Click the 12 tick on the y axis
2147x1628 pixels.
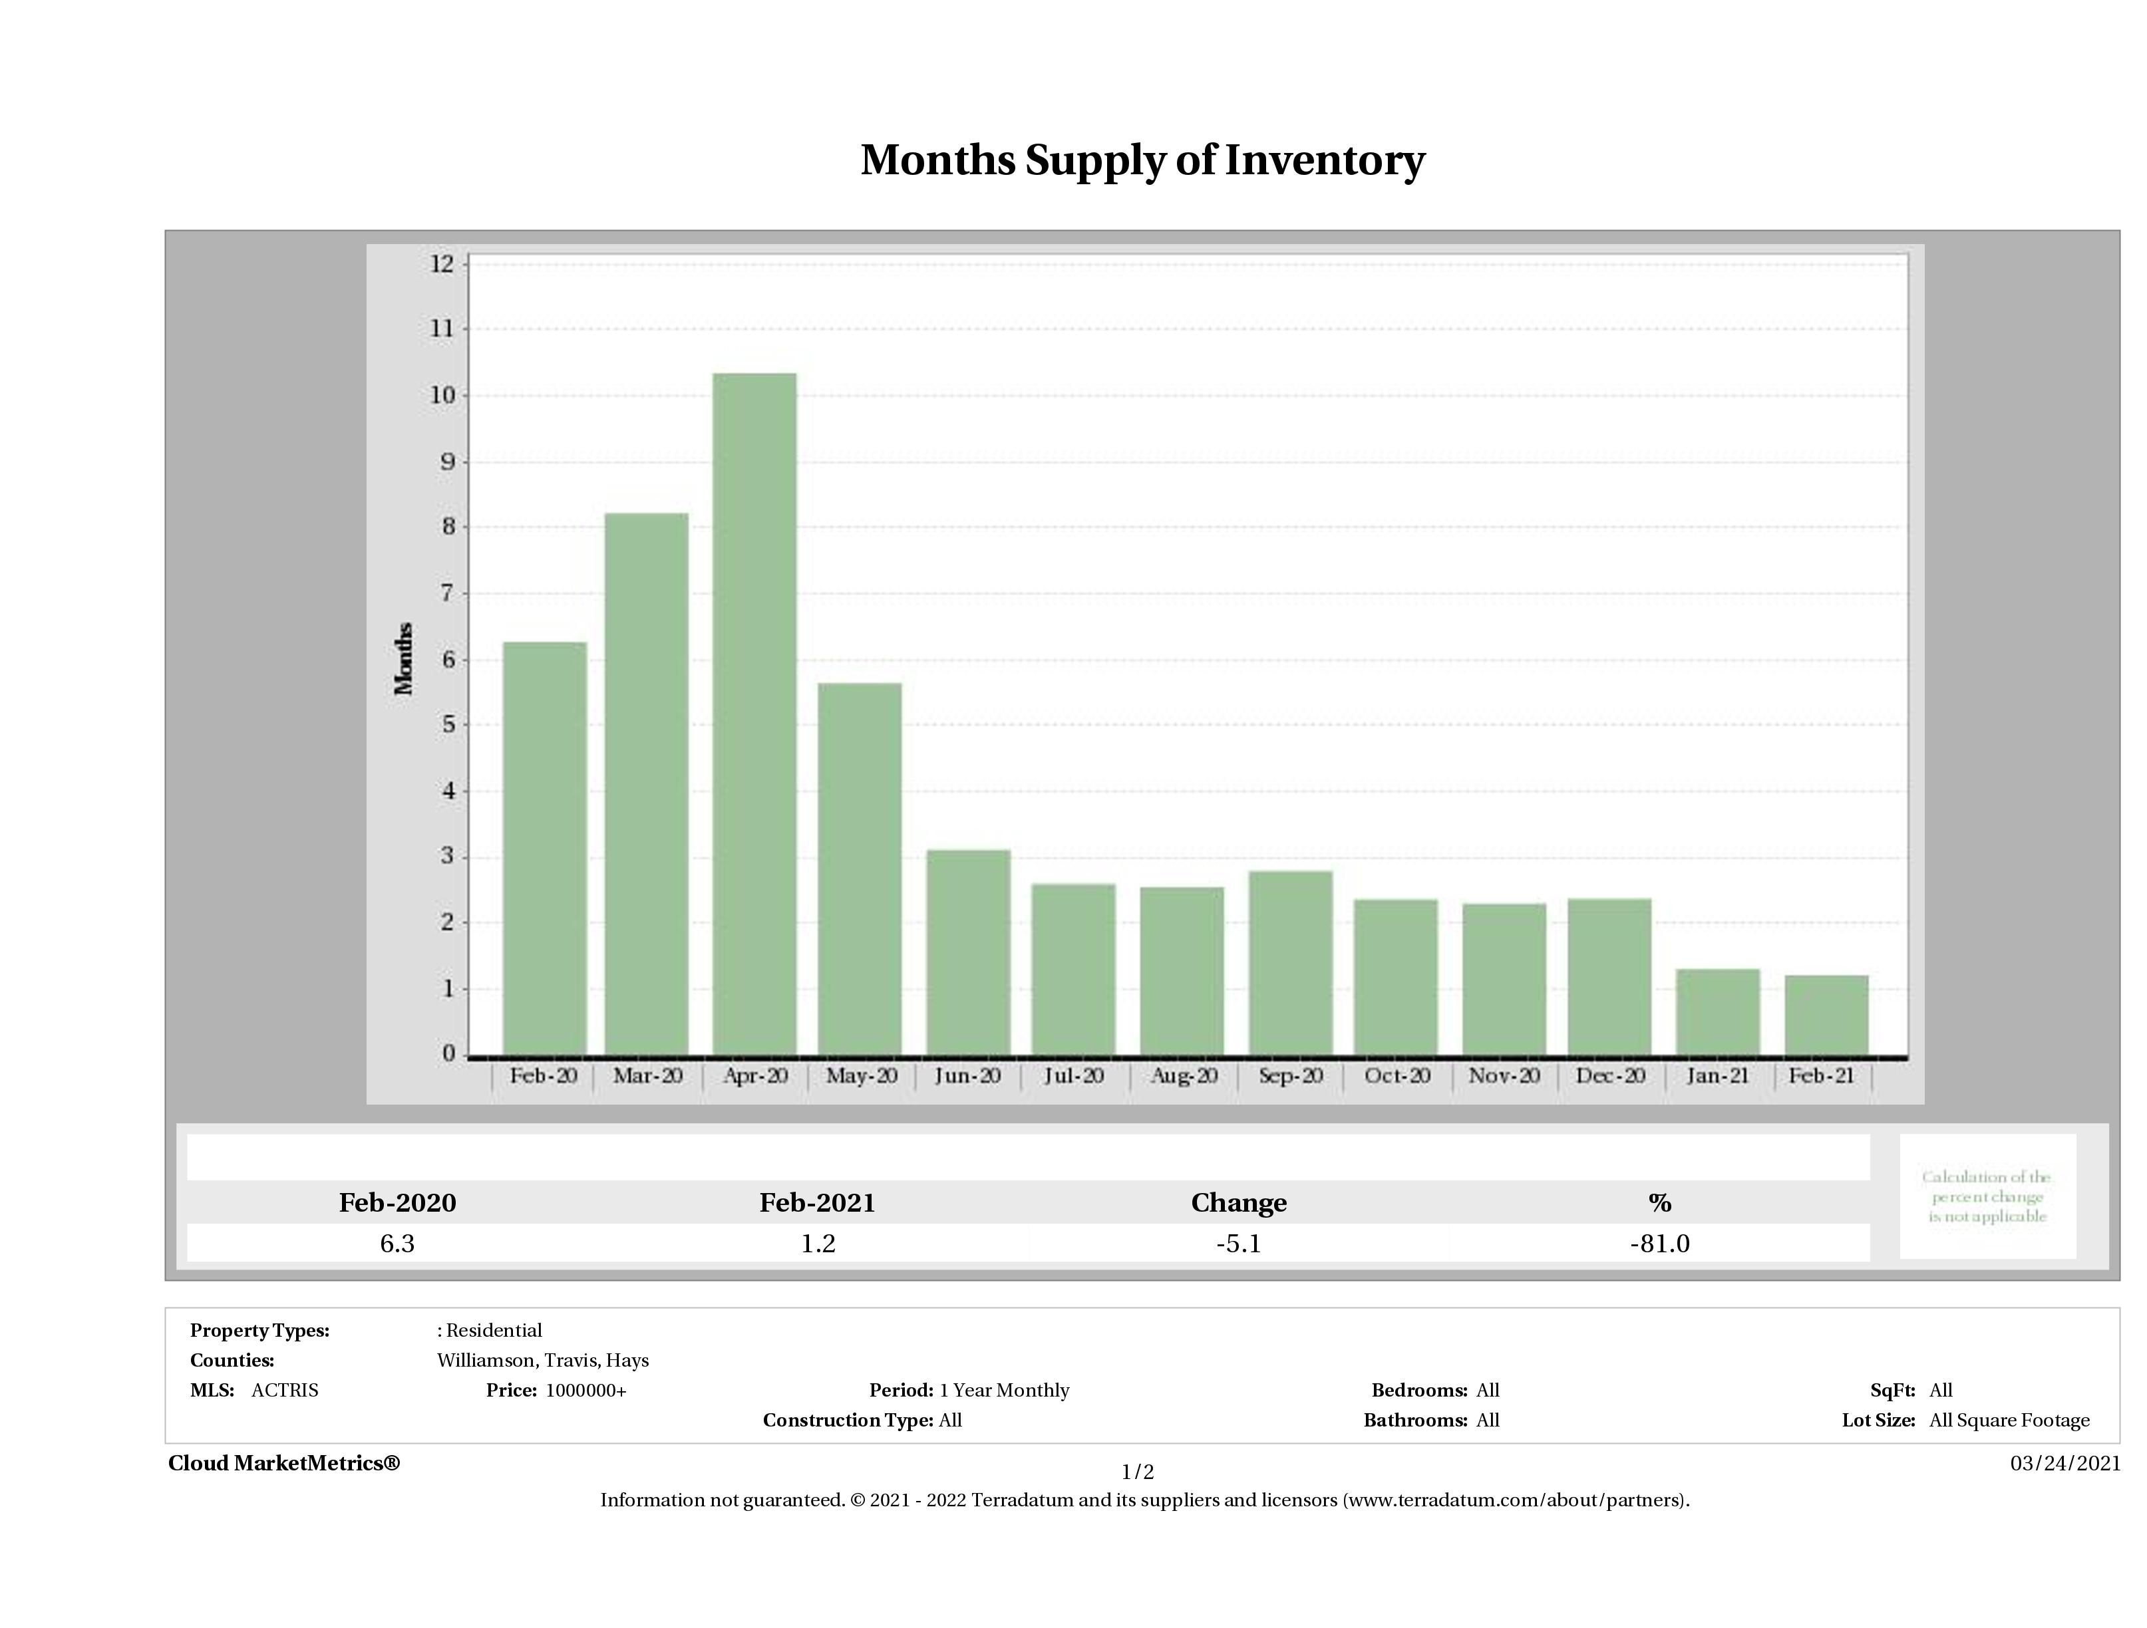(x=442, y=264)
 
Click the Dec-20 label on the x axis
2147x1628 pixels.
(x=1610, y=1076)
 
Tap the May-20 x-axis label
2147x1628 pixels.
(x=861, y=1076)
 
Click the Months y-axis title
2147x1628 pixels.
(x=404, y=659)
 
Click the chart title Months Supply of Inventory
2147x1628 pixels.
(x=1142, y=160)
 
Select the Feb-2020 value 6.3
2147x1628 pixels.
(x=397, y=1243)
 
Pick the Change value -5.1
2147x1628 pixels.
(x=1239, y=1243)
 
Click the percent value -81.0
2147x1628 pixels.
(x=1660, y=1243)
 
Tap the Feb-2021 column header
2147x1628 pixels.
(x=817, y=1203)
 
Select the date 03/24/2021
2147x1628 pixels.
(x=2065, y=1463)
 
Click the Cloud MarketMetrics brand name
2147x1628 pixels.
(x=283, y=1463)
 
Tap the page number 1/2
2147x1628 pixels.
(x=1138, y=1472)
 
